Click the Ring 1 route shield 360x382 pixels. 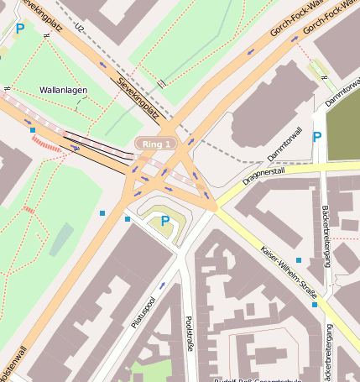point(157,144)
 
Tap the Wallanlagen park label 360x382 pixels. point(63,90)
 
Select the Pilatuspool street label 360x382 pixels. point(144,313)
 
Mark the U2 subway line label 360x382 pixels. point(80,29)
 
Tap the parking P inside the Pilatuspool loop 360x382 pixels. point(165,221)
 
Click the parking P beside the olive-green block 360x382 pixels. point(316,137)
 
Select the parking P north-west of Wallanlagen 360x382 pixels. point(20,29)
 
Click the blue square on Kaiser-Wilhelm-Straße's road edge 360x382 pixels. point(299,260)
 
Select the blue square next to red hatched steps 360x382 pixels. point(32,130)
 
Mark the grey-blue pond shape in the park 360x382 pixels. point(60,238)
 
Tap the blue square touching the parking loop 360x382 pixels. point(128,219)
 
